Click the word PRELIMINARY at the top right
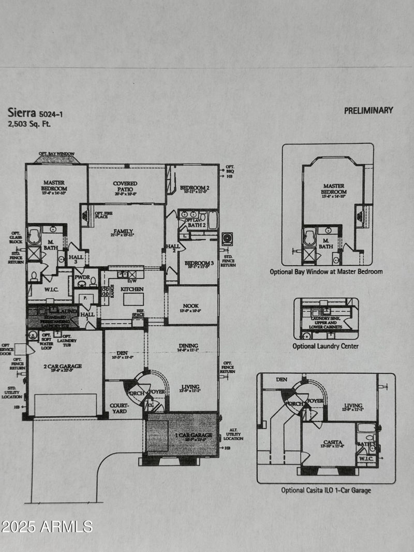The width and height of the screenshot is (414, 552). coord(368,110)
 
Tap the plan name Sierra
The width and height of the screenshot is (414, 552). coord(21,113)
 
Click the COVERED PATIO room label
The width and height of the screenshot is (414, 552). coord(125,186)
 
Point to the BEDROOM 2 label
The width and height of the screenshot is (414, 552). coord(194,188)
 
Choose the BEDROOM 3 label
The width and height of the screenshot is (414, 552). coord(198,263)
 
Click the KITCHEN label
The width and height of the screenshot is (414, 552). coord(132,288)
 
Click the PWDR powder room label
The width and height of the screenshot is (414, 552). coord(82,277)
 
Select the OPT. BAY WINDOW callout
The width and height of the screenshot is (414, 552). coord(57,154)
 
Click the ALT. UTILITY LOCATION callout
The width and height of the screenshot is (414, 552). coord(233,434)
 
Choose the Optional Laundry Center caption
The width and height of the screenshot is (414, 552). coord(325,346)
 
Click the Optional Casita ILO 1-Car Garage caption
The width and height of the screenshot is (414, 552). coord(326,490)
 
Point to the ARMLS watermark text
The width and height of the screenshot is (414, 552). coord(47,527)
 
